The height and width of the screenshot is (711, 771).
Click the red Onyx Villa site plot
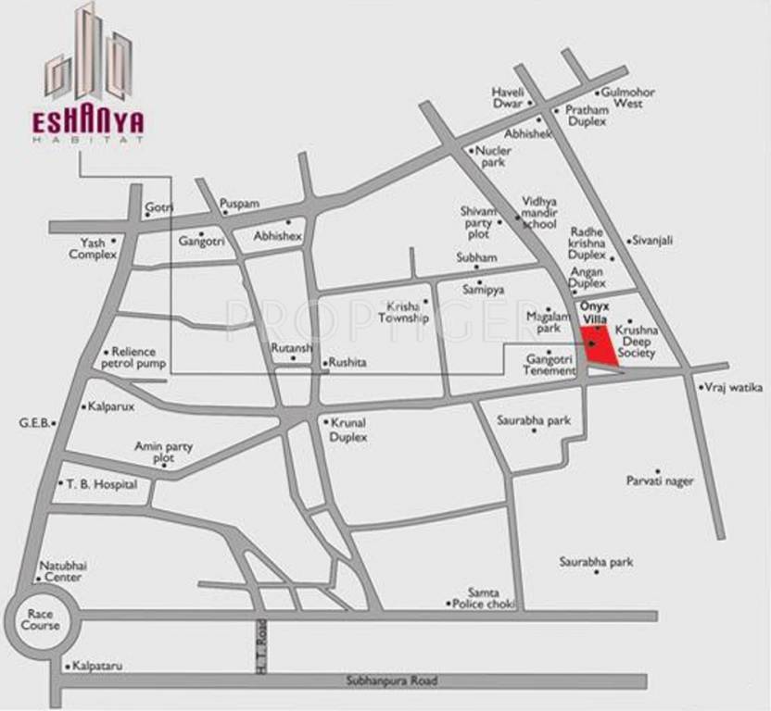[x=598, y=347]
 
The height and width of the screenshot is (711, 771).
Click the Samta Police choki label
[x=482, y=598]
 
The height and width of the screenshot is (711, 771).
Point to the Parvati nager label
[x=660, y=481]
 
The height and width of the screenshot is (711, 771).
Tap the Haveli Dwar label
[x=508, y=98]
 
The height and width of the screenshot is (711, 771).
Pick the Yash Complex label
[x=93, y=248]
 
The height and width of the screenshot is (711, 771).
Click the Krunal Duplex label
[x=348, y=430]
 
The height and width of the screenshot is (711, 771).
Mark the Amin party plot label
[x=164, y=452]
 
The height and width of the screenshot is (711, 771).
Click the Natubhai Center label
[x=60, y=571]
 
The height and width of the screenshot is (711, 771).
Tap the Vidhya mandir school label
[x=539, y=212]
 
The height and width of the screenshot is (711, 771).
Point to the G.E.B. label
[x=33, y=422]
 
